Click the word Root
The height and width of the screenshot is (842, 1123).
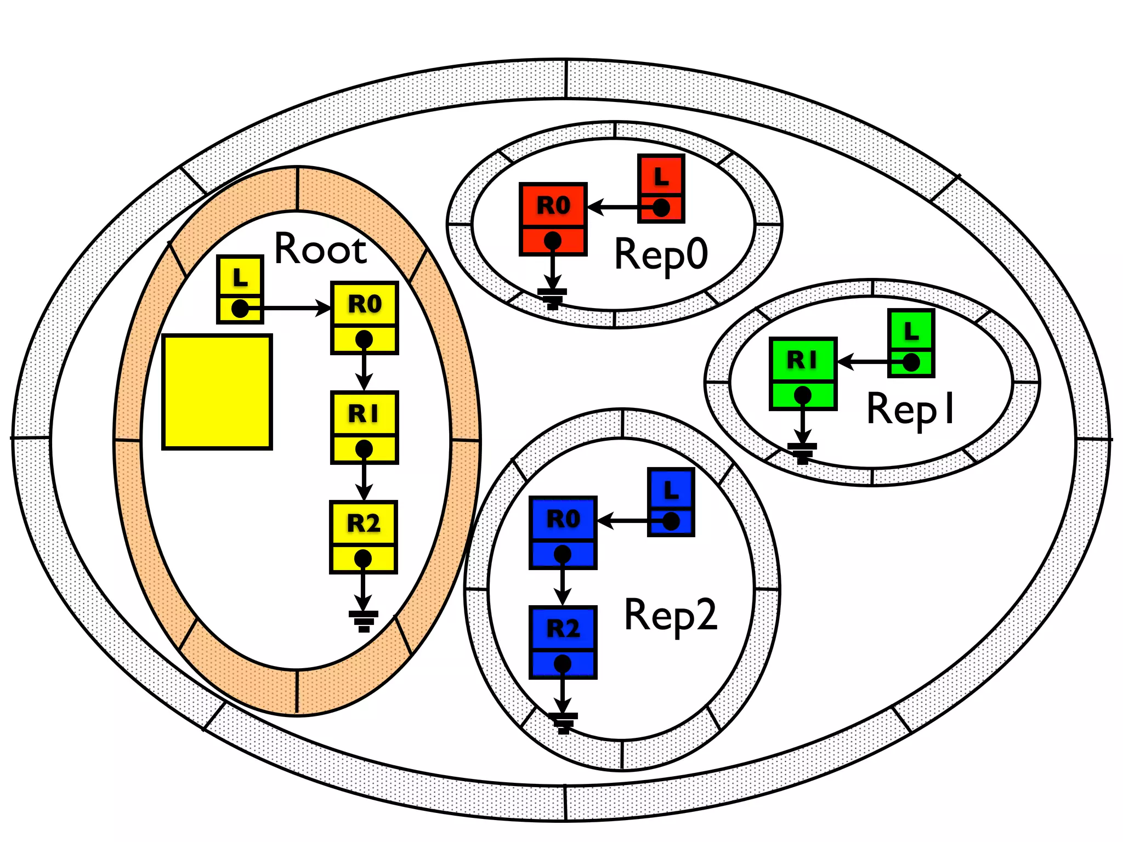[320, 249]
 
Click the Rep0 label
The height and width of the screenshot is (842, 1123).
[661, 255]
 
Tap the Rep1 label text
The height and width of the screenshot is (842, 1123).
[911, 409]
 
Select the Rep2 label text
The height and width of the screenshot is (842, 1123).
[671, 615]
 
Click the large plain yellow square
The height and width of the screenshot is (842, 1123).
[217, 392]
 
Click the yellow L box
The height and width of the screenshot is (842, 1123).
[240, 289]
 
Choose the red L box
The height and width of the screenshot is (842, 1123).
[661, 189]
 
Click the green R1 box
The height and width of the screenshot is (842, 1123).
[803, 373]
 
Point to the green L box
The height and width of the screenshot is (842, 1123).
[911, 343]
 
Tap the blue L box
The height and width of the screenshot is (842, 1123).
[671, 502]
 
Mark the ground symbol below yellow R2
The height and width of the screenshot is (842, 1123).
[363, 620]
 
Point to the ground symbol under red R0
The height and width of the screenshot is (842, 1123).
[552, 298]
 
